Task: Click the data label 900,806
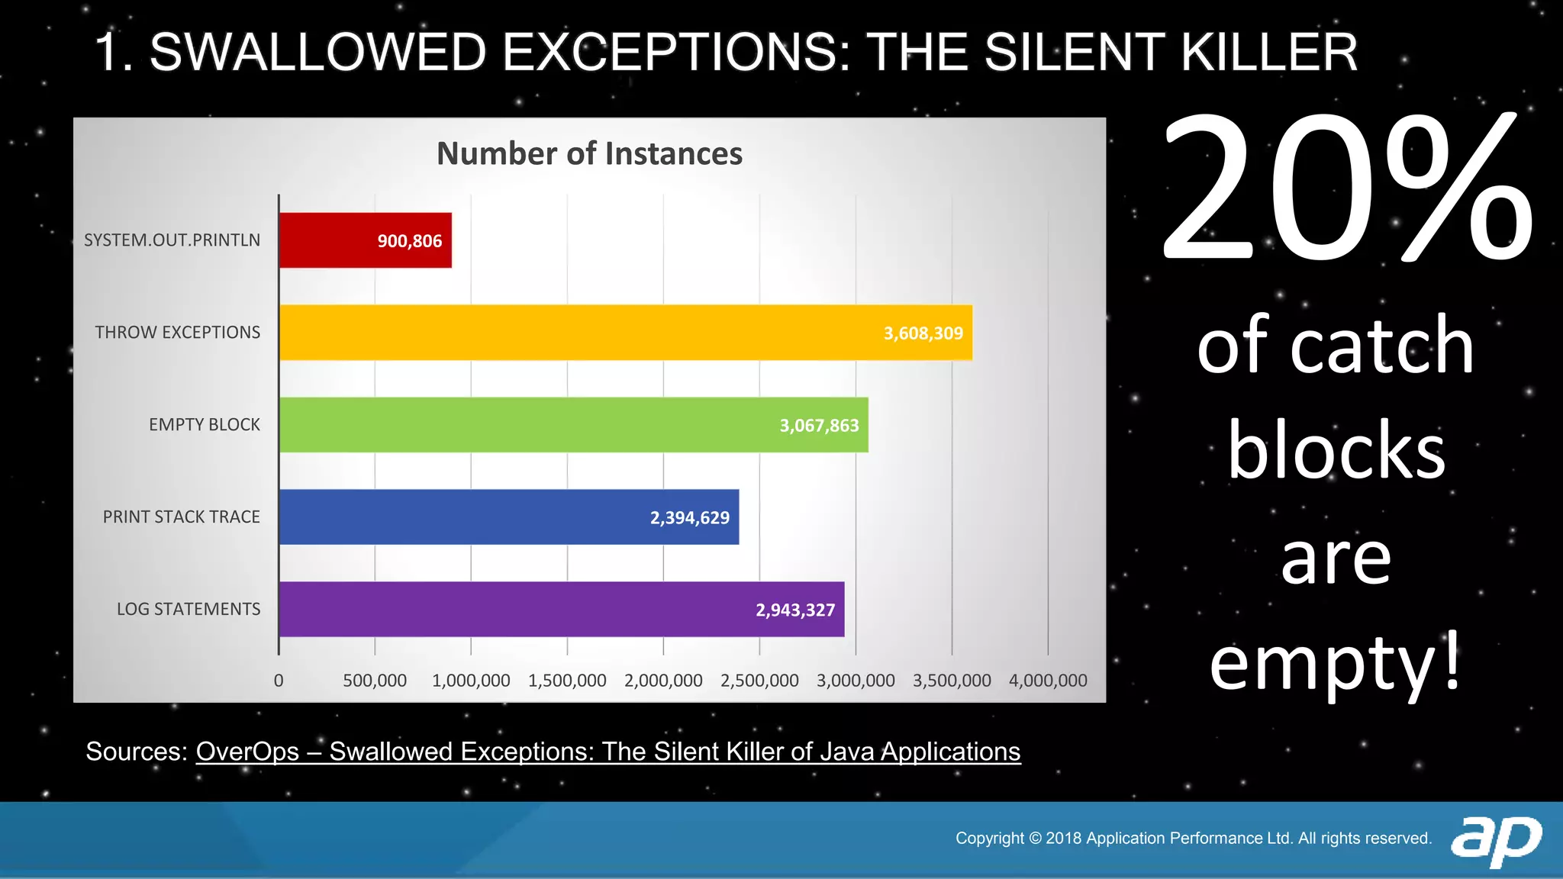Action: tap(410, 241)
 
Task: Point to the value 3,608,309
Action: tap(923, 333)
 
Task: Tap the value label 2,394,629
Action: tap(690, 518)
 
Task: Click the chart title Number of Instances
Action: tap(589, 153)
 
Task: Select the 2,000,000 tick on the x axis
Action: tap(663, 681)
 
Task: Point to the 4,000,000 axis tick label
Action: tap(1048, 681)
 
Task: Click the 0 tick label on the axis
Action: tap(279, 681)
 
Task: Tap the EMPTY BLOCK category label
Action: tap(204, 425)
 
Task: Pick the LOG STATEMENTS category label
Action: tap(188, 610)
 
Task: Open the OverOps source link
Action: tap(607, 752)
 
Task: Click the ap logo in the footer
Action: tap(1496, 839)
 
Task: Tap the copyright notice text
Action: tap(1193, 839)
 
